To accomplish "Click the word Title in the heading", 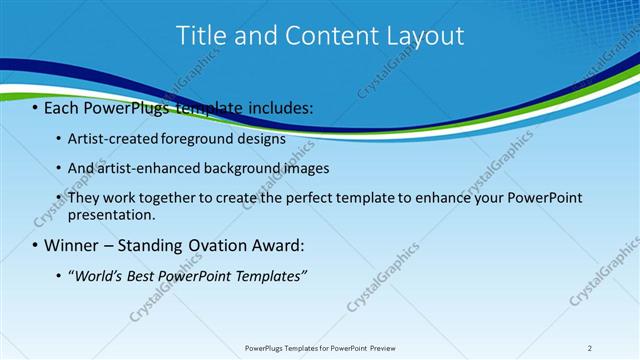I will tap(200, 35).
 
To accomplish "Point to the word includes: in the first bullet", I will tap(284, 106).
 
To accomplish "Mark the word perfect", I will tap(319, 198).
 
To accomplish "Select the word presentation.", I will tap(111, 214).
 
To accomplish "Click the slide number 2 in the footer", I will tap(590, 348).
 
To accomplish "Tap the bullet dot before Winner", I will tap(35, 246).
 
